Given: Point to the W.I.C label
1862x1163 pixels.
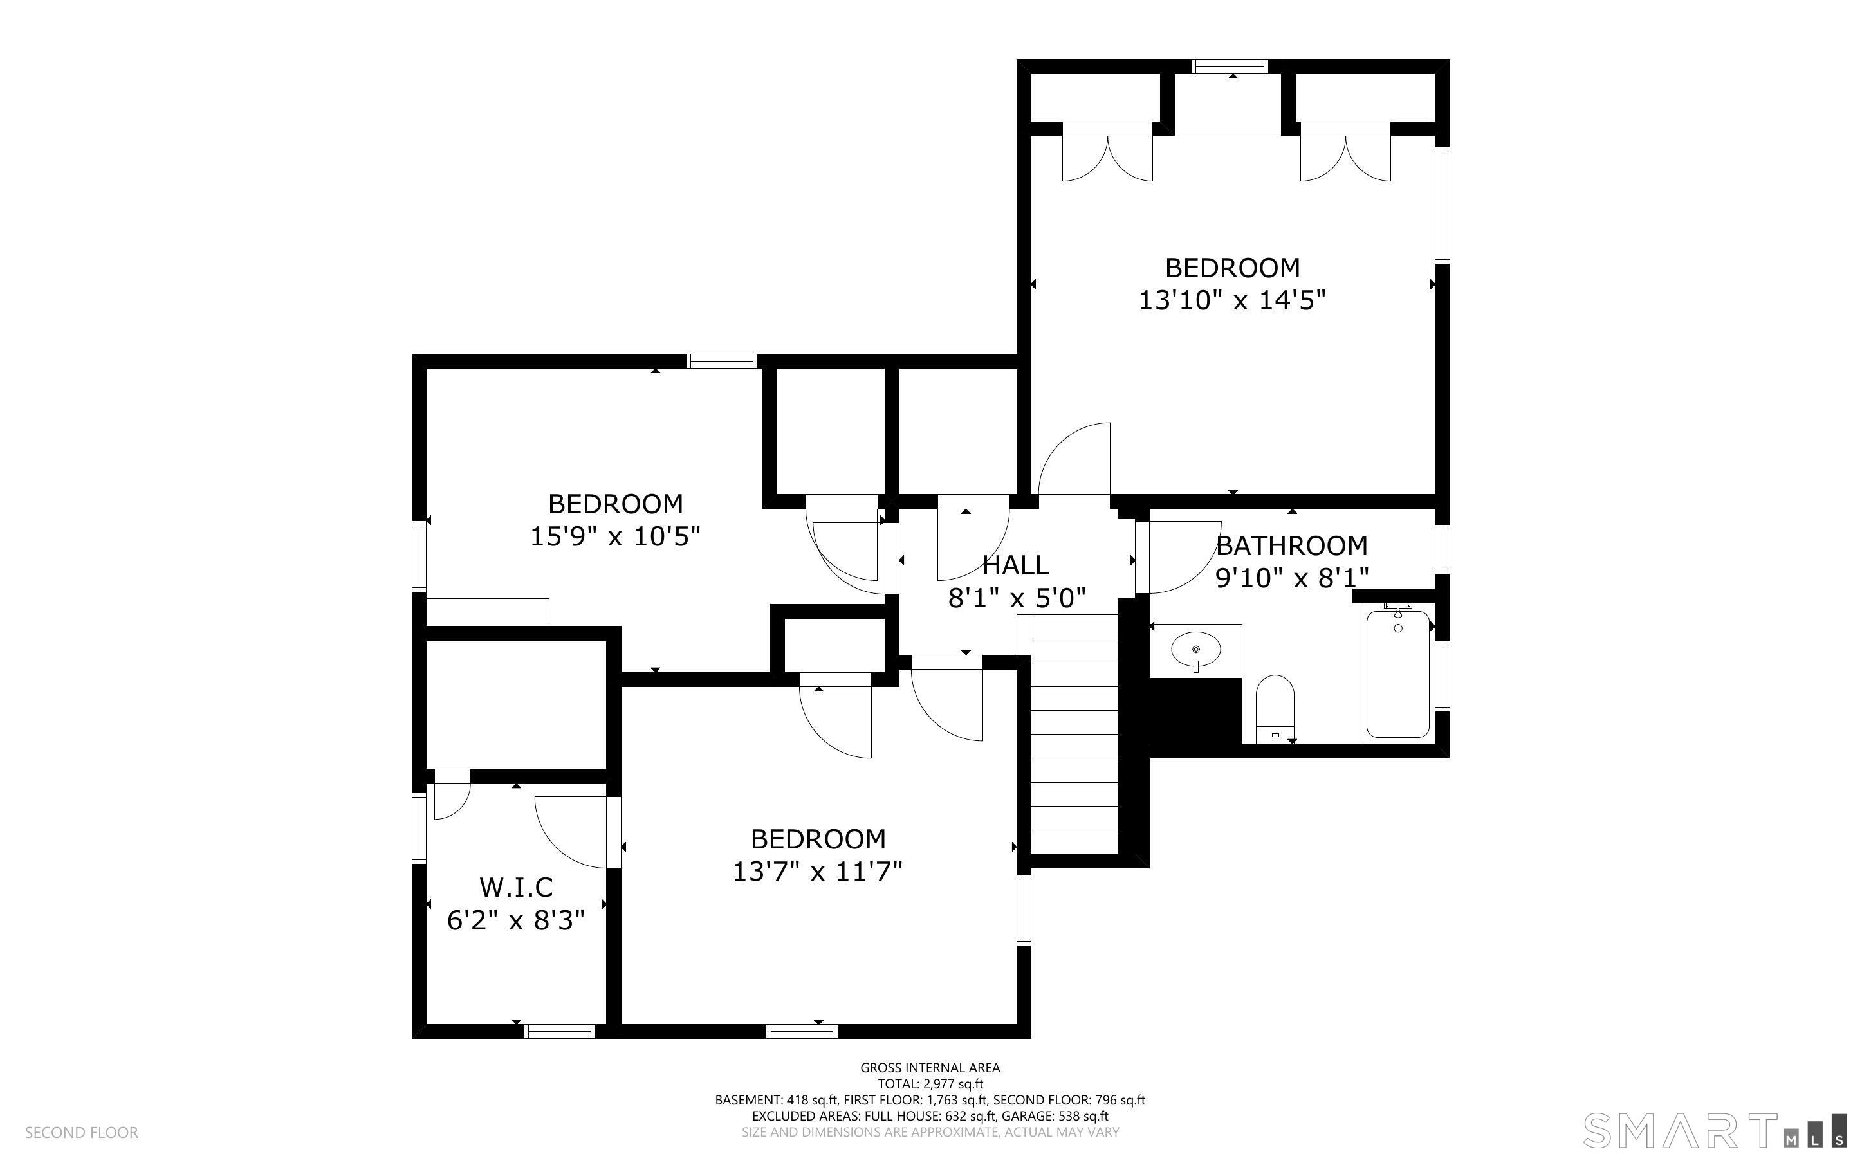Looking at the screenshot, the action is [516, 888].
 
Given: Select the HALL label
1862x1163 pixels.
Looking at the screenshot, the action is [1016, 565].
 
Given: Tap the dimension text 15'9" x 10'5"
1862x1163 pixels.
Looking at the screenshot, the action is [615, 536].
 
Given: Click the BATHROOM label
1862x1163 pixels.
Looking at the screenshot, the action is [1291, 546].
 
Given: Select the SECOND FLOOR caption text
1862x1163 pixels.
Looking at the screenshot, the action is [82, 1132].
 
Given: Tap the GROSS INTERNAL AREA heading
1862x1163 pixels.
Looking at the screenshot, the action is [930, 1068].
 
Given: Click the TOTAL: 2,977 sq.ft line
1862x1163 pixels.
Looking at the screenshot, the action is [930, 1084].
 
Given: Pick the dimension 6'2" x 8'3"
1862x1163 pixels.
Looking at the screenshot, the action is [516, 920].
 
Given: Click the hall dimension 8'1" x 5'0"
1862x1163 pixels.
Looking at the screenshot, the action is [1016, 598].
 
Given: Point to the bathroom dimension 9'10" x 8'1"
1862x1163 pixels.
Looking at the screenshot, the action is [1292, 578].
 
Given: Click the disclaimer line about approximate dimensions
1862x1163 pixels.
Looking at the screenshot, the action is [930, 1132].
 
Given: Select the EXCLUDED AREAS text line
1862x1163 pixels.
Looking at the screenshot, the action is [930, 1116].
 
